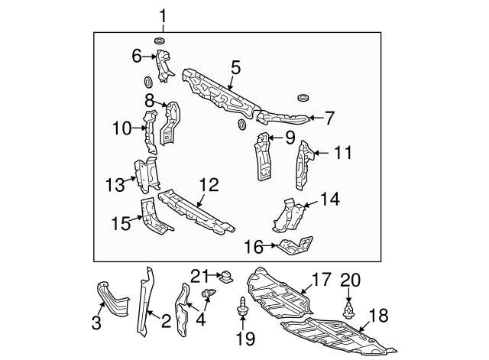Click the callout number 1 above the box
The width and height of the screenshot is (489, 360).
(x=162, y=15)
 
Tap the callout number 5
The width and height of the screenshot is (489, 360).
(x=235, y=67)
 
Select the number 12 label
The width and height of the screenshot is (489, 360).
(x=209, y=185)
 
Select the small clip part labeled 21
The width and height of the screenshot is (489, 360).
(x=226, y=277)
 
